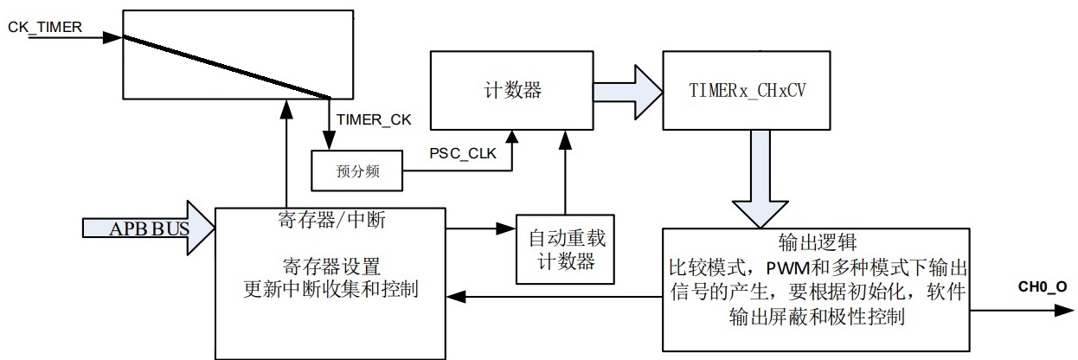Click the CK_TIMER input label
(45, 27)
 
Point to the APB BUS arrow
(147, 229)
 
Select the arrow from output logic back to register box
(554, 297)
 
